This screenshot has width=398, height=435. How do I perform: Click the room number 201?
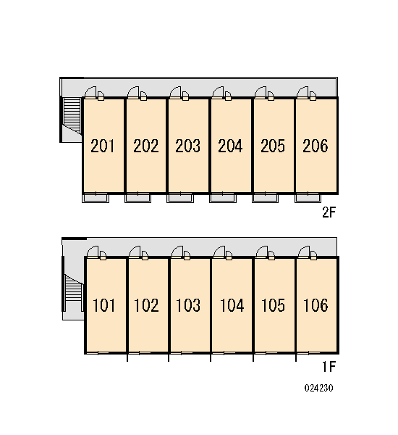click(x=102, y=146)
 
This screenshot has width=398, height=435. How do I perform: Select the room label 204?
click(x=230, y=146)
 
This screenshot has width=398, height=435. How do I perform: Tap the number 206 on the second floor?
click(x=316, y=146)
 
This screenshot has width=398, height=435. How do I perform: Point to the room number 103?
click(x=188, y=305)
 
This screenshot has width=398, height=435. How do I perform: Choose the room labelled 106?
click(x=316, y=305)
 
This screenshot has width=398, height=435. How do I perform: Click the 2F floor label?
click(x=329, y=212)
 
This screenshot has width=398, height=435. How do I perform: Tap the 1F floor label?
click(x=329, y=367)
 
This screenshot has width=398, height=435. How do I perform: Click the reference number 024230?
click(x=318, y=388)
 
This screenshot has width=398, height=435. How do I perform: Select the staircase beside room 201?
click(x=72, y=116)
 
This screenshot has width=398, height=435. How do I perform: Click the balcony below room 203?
click(x=180, y=198)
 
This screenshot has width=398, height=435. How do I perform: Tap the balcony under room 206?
click(x=308, y=198)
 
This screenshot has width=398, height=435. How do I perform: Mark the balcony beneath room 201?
click(x=96, y=198)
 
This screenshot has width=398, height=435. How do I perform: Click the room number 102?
click(x=146, y=305)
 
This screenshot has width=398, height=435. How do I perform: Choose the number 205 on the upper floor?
click(x=273, y=146)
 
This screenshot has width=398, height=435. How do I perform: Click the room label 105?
click(x=273, y=305)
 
